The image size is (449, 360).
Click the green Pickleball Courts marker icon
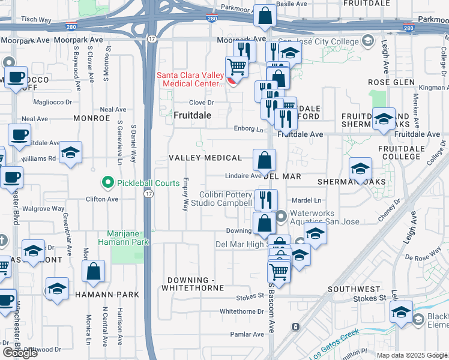coord(107,182)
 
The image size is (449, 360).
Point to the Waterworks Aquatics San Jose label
coord(324,217)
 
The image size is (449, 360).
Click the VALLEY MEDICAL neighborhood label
coord(205,158)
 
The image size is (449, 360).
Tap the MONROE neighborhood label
coord(91,119)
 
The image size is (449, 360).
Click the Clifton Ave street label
coord(102,199)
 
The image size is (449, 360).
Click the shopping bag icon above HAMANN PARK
coord(94,271)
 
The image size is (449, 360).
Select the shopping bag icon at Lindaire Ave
coord(264,161)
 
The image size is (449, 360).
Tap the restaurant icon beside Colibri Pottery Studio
coord(265,199)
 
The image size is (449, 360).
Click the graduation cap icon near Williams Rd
coord(70,152)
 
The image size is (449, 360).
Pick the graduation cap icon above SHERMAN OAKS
coord(360,169)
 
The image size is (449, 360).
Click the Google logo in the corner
coord(19,353)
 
